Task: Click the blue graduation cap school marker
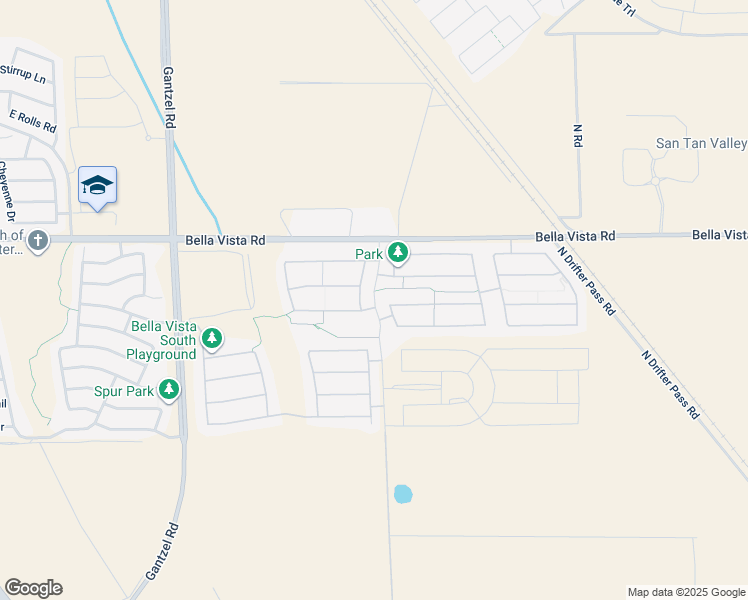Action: coord(97,185)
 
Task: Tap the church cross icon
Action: coord(38,241)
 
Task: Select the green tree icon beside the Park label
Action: coord(398,253)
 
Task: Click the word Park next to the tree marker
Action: coord(369,254)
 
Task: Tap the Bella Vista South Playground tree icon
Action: coord(212,340)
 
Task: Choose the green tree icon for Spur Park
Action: coord(169,390)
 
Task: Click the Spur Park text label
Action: coord(125,391)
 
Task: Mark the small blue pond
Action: coord(402,493)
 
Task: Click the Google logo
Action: coord(33,588)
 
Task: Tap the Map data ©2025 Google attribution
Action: coord(686,592)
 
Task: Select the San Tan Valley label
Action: coord(701,144)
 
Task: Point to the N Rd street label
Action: coord(577,137)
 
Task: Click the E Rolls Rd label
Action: coord(33,122)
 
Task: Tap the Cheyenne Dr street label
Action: coord(8,193)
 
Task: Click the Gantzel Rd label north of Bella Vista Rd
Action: coord(170,94)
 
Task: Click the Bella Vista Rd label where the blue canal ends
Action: coord(226,240)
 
